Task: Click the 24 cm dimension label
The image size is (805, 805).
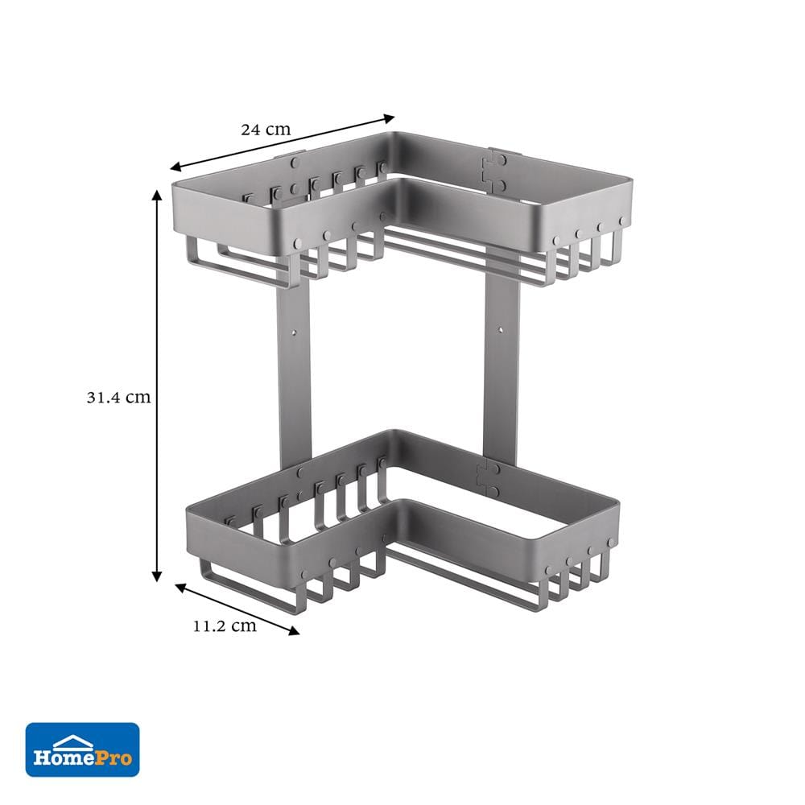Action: point(266,130)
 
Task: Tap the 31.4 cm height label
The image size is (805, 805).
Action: point(118,397)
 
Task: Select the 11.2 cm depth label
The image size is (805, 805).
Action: point(225,625)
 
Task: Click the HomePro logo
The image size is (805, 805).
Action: point(83,749)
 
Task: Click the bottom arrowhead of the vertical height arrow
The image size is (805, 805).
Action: point(157,576)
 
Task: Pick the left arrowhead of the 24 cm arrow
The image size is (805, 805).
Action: point(176,167)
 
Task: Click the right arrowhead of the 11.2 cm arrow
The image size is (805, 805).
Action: point(294,631)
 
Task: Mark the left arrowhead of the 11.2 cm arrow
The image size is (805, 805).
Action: point(181,588)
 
